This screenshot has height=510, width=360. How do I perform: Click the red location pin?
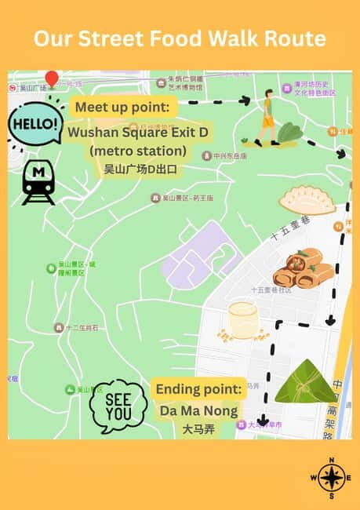pyautogui.click(x=52, y=78)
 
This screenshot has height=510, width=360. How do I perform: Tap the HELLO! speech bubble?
pyautogui.click(x=35, y=124)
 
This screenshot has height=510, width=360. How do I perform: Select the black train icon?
pyautogui.click(x=38, y=185)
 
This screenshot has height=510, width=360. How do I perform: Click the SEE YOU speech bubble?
pyautogui.click(x=118, y=405)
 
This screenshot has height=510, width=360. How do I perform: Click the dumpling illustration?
pyautogui.click(x=307, y=200)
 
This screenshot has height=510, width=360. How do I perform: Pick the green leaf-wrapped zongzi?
pyautogui.click(x=304, y=382)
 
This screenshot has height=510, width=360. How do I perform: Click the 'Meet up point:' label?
pyautogui.click(x=125, y=108)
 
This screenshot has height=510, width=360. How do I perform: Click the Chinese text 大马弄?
pyautogui.click(x=198, y=429)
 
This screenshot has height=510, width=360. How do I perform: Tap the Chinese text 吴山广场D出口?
pyautogui.click(x=140, y=169)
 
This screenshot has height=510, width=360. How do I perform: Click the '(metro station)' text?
pyautogui.click(x=138, y=151)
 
